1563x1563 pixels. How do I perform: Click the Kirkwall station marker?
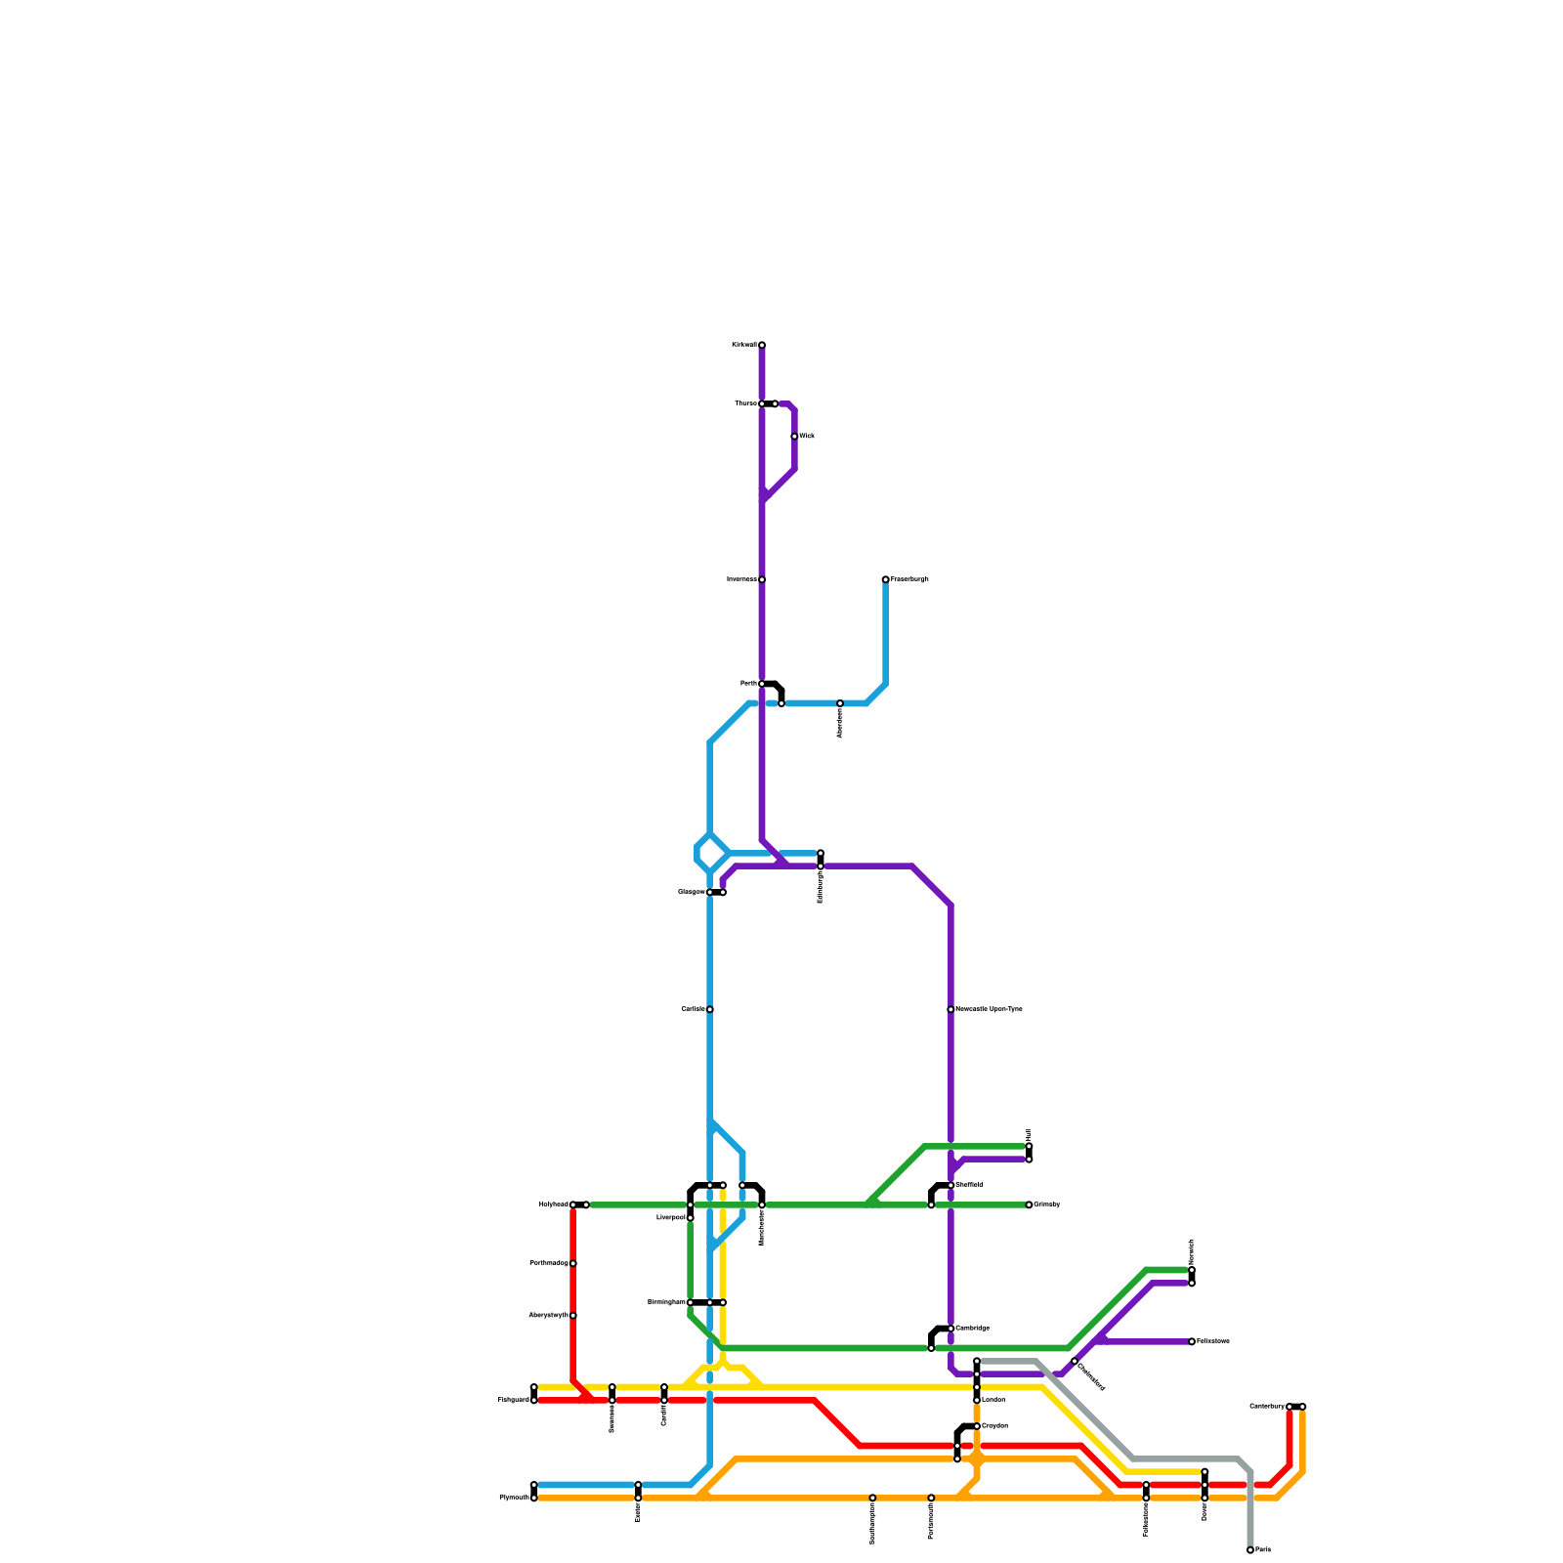click(762, 345)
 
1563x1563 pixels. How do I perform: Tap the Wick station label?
click(807, 436)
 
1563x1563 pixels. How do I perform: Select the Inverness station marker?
click(762, 579)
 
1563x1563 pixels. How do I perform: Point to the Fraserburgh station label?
click(909, 579)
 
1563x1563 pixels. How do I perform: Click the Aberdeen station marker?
click(840, 703)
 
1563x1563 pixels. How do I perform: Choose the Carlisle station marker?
click(710, 1009)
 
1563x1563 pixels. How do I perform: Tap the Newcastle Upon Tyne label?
click(989, 1009)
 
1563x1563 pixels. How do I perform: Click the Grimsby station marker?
click(1029, 1204)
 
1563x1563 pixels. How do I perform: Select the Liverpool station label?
click(670, 1218)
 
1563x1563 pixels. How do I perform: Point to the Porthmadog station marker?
click(573, 1263)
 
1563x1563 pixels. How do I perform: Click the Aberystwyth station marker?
click(573, 1316)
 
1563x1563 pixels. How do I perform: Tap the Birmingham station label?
click(666, 1302)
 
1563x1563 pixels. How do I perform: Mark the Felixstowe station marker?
click(1192, 1341)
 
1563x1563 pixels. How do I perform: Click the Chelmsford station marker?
click(1074, 1361)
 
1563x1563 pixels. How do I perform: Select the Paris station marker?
click(1250, 1550)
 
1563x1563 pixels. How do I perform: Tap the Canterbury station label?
click(1267, 1407)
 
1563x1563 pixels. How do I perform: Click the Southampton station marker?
click(872, 1498)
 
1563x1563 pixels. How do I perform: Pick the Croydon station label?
click(994, 1426)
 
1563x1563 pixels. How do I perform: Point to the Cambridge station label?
click(972, 1329)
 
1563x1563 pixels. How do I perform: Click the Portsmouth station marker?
click(931, 1498)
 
